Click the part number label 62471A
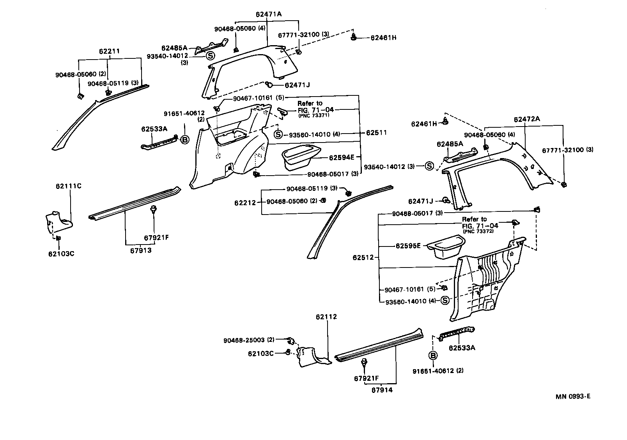(x=269, y=14)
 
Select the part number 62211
(x=109, y=51)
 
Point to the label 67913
(x=141, y=250)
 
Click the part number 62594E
(x=342, y=158)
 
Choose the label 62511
(x=376, y=133)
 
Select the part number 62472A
(x=527, y=119)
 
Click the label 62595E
(x=408, y=246)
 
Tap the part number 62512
(x=363, y=257)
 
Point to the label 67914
(x=382, y=390)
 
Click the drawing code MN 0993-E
(x=573, y=397)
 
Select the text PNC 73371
(x=314, y=116)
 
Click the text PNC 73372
(x=478, y=231)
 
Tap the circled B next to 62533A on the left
(x=185, y=139)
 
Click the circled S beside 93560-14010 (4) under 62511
(x=278, y=135)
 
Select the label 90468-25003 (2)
(x=249, y=340)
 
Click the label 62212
(x=245, y=203)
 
